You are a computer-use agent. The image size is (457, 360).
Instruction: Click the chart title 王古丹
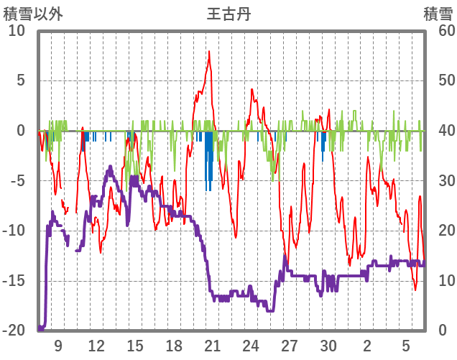228,14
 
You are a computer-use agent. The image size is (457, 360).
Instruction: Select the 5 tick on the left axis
21,80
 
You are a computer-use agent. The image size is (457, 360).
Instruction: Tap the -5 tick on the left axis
18,180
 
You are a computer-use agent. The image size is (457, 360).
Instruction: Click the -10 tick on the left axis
14,231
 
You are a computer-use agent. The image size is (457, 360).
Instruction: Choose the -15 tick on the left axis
14,280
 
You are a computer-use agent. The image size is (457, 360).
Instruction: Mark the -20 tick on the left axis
14,330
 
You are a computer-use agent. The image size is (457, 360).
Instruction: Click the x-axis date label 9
57,346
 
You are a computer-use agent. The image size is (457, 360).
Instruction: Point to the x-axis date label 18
173,346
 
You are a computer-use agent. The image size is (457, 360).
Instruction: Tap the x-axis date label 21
212,346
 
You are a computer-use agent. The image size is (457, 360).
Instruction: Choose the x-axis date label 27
290,346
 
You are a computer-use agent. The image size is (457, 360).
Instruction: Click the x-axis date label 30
328,346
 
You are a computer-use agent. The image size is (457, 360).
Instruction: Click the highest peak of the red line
209,52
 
